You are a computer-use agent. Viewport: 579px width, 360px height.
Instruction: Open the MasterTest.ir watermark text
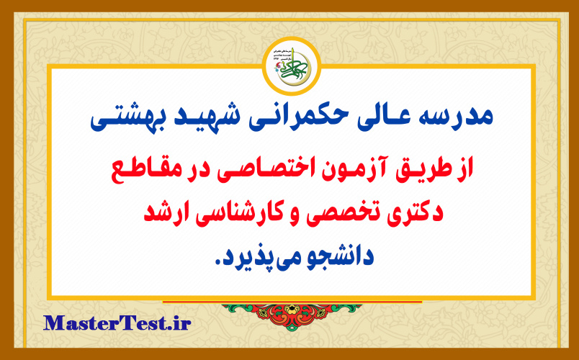click(117, 323)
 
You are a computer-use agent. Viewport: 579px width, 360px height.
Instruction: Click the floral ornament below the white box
click(289, 316)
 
